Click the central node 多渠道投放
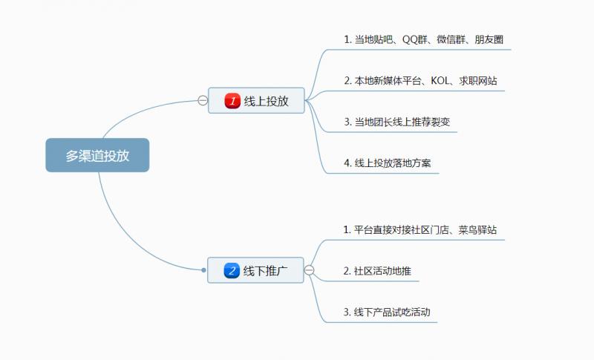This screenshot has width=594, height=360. coord(97,155)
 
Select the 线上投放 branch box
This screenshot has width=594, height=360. coord(256,101)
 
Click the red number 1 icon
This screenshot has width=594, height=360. coord(232,101)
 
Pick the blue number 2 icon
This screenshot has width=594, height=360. coord(232,271)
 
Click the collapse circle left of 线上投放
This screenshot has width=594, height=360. coord(202,101)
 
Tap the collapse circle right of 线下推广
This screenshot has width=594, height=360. coord(309,270)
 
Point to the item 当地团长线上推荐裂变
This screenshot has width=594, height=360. coord(396,121)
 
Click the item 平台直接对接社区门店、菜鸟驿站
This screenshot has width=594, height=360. coord(420,230)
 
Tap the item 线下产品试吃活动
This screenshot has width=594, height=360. coord(386,312)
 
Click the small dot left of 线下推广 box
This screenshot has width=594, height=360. coord(203,270)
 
